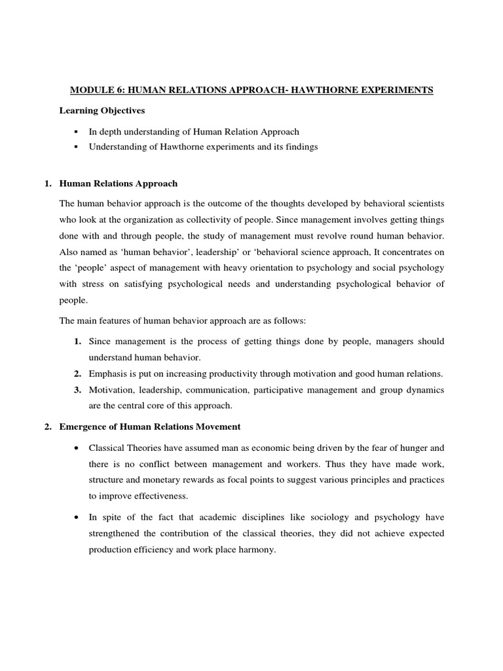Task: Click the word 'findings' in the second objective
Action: click(x=301, y=147)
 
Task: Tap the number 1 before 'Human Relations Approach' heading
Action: click(x=48, y=183)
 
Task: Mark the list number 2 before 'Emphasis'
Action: click(x=77, y=374)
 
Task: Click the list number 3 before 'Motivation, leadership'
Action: click(x=77, y=390)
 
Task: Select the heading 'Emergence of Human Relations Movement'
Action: click(x=150, y=427)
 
